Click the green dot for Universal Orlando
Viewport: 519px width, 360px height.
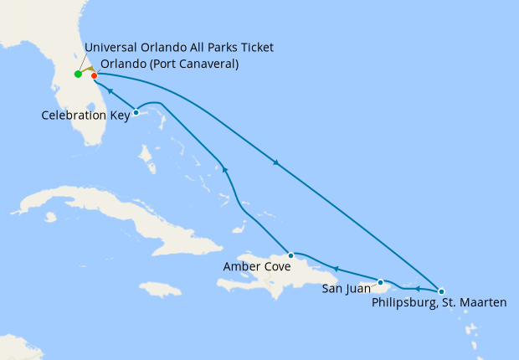(x=78, y=75)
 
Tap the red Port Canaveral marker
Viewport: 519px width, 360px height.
(x=94, y=76)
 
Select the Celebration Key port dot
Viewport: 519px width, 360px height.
(x=136, y=112)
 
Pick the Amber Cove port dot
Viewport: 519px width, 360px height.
(x=290, y=255)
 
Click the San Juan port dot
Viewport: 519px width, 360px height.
(x=380, y=282)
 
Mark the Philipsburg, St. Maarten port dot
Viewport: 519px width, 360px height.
(x=441, y=290)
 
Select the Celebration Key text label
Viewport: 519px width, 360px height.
(x=85, y=116)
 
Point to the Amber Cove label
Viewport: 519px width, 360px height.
(x=256, y=267)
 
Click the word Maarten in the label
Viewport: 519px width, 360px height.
(x=481, y=302)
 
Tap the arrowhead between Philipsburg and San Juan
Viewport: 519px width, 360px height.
(x=416, y=288)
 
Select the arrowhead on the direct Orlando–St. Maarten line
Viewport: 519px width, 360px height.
(x=276, y=162)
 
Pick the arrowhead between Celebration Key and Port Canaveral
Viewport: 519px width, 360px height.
(x=109, y=90)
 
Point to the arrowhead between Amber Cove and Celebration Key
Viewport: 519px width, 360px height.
(x=225, y=171)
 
